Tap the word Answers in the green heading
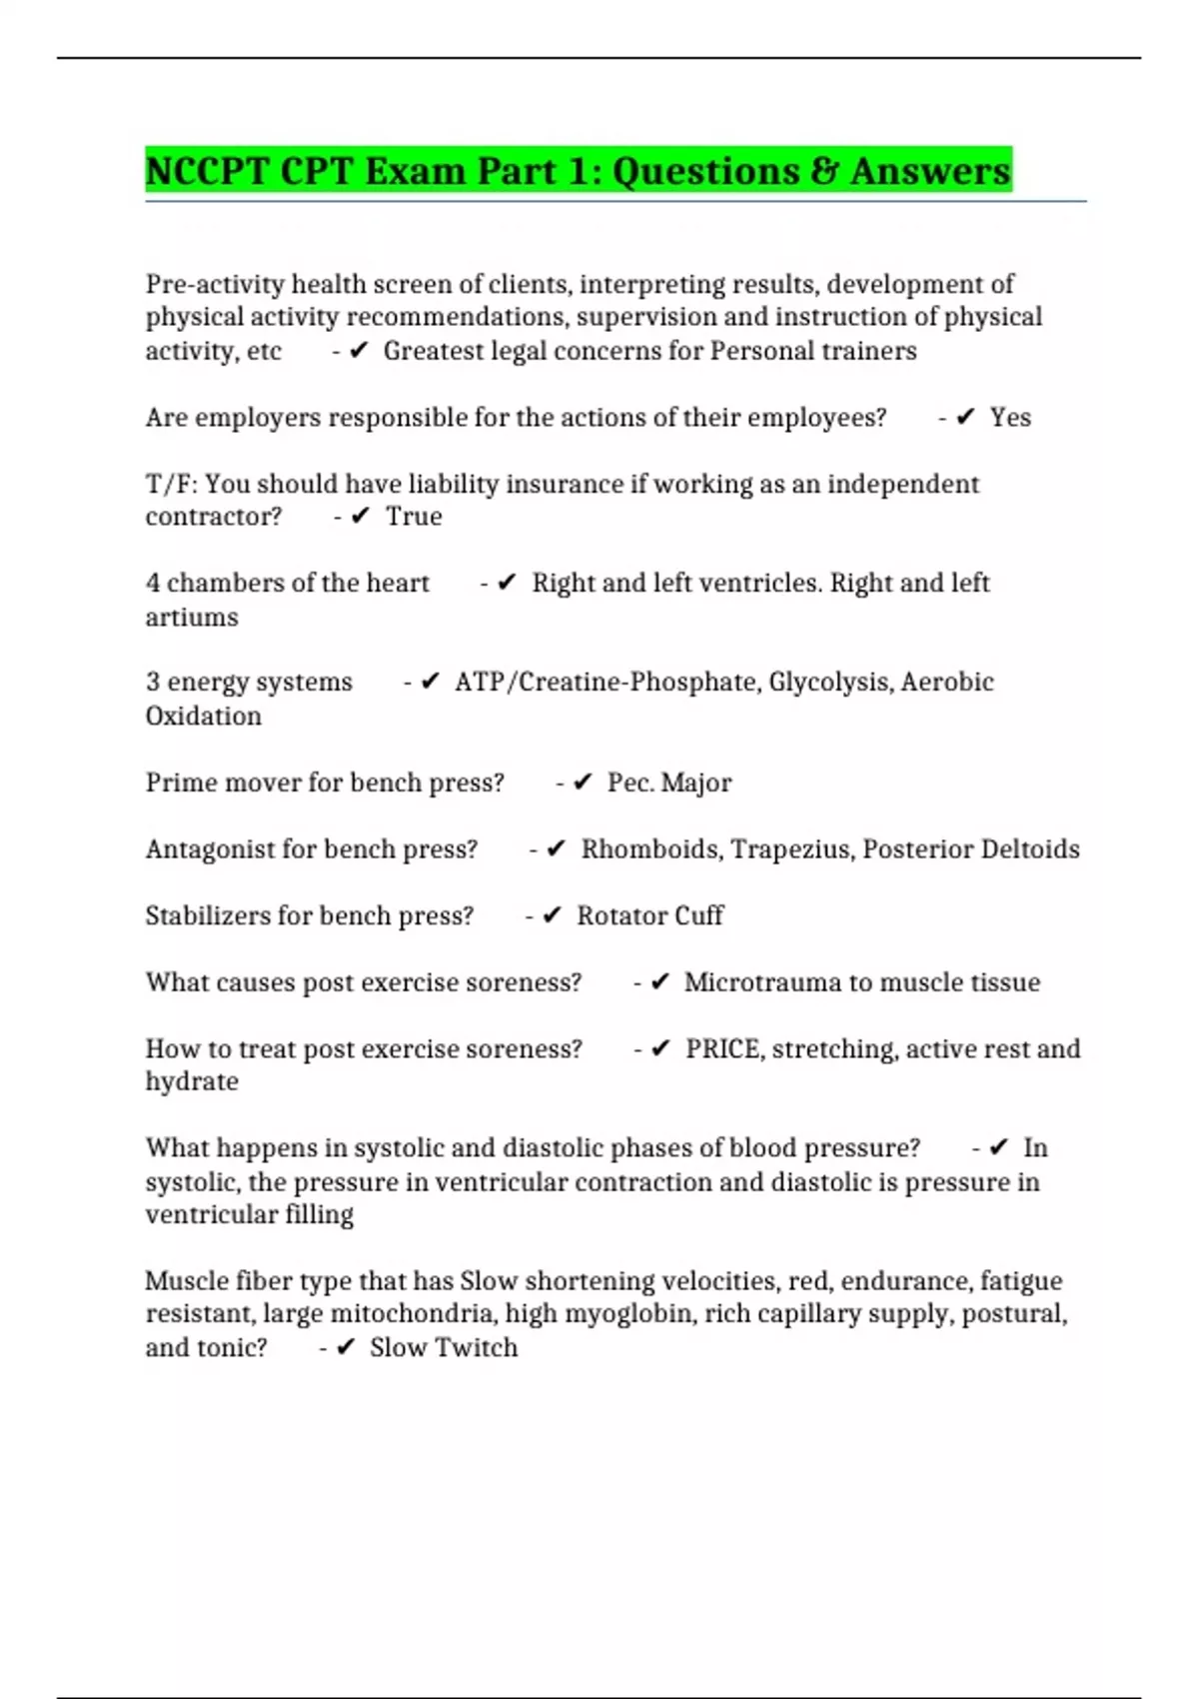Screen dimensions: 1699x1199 (930, 171)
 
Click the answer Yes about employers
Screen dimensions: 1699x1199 (1010, 418)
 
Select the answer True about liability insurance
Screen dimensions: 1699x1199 (414, 517)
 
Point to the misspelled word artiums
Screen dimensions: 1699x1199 (192, 618)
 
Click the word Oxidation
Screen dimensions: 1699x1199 (204, 717)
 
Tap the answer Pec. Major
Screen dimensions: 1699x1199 (669, 783)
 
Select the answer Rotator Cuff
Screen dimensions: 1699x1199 (650, 915)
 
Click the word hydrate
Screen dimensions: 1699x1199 (192, 1082)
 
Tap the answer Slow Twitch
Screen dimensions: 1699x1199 (444, 1348)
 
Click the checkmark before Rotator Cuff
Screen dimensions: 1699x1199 (552, 915)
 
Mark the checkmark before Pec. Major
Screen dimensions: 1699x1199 (584, 783)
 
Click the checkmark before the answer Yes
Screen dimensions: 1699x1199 (965, 418)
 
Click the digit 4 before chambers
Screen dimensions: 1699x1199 (153, 584)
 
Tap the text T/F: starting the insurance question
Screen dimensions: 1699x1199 (172, 485)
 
